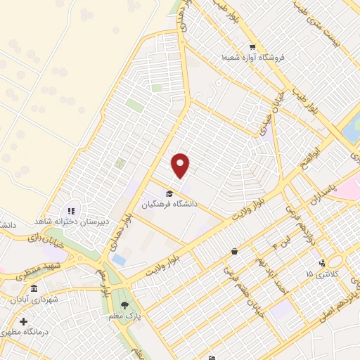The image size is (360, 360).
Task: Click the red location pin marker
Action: coord(181,165)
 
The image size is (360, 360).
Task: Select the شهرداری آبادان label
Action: coord(34,298)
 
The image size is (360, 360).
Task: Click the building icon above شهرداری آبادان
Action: coord(34,288)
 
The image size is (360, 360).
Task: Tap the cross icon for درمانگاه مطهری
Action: coord(23,321)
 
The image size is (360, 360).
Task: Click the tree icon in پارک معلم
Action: coord(125,305)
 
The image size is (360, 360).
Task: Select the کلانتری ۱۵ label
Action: coord(321,273)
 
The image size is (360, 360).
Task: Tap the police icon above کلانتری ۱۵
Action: coord(321,262)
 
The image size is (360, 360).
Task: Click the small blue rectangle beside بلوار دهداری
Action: coord(119,260)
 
